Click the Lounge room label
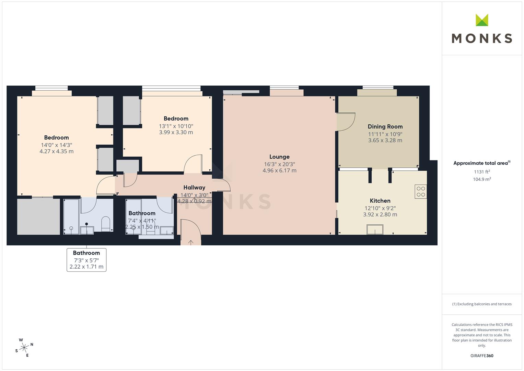279,157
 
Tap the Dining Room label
385,127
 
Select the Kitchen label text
380,201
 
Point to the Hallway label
194,188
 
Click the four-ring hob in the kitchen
421,192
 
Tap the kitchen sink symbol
375,229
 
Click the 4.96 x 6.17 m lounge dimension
279,170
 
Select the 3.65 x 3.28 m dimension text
385,140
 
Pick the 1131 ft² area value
482,172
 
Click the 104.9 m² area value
482,179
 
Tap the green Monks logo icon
482,20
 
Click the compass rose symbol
24,348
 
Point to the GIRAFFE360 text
482,356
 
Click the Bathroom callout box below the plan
86,260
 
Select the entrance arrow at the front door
191,243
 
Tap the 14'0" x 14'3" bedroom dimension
56,145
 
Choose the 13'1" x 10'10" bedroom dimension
176,126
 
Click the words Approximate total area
480,163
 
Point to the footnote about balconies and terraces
482,304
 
